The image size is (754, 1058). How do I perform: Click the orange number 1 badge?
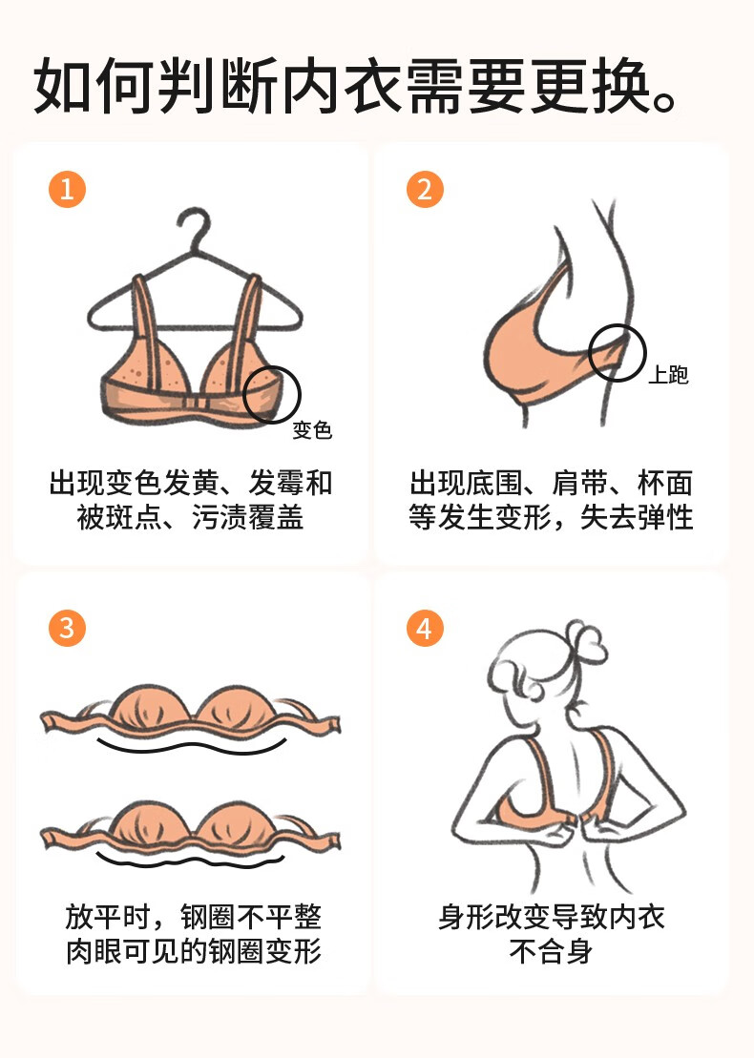tap(67, 189)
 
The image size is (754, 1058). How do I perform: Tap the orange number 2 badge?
tap(425, 189)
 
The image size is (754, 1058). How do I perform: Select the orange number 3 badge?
tap(67, 628)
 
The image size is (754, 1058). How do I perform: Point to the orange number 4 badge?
tap(425, 628)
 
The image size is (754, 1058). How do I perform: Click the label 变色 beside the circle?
tap(312, 430)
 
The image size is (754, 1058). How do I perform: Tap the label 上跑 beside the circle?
tap(668, 375)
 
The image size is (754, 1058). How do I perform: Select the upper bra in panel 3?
tap(190, 711)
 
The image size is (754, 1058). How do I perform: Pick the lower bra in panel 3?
tap(190, 828)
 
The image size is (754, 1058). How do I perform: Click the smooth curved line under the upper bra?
tap(192, 747)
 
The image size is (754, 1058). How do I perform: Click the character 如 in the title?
tap(62, 87)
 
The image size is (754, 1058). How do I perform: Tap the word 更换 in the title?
tap(591, 87)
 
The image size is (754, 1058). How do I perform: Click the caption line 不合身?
tap(552, 952)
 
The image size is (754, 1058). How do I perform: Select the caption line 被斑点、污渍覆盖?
tap(190, 517)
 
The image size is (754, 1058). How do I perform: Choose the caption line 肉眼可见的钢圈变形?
tap(194, 951)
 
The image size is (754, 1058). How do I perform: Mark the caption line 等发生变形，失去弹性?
tap(551, 517)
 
